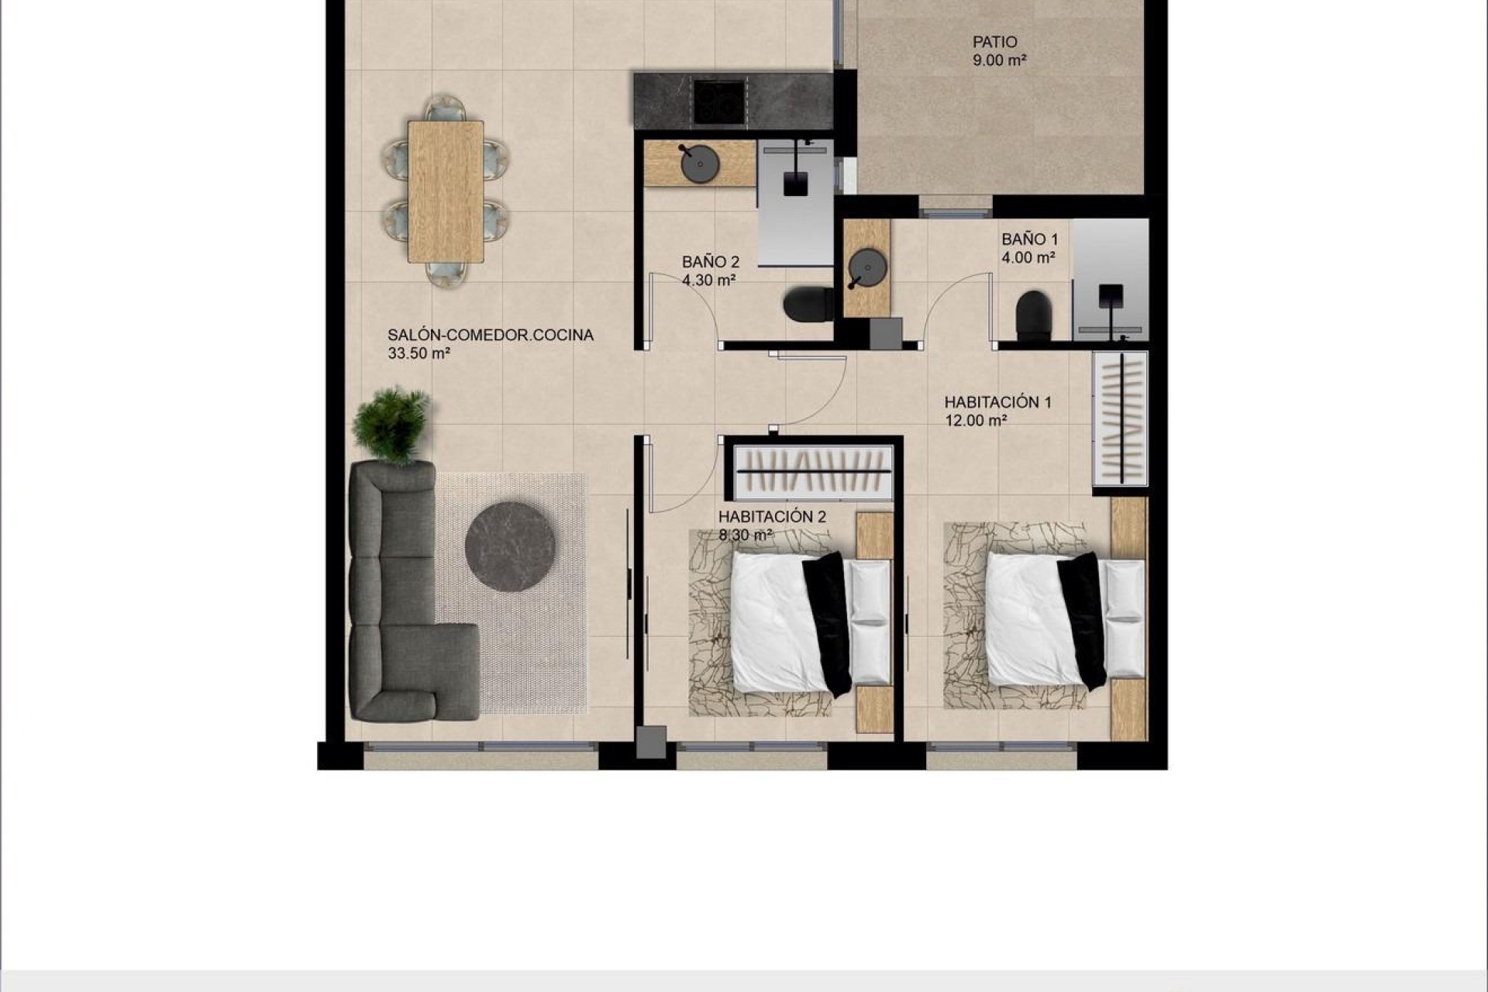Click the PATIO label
[995, 42]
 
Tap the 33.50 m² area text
[419, 353]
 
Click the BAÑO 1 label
[1029, 239]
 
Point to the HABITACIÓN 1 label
[997, 402]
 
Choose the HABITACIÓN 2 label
[772, 517]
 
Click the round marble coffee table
[510, 546]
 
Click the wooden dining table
[445, 191]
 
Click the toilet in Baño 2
[807, 304]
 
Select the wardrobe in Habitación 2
[811, 470]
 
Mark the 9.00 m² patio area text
[999, 60]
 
